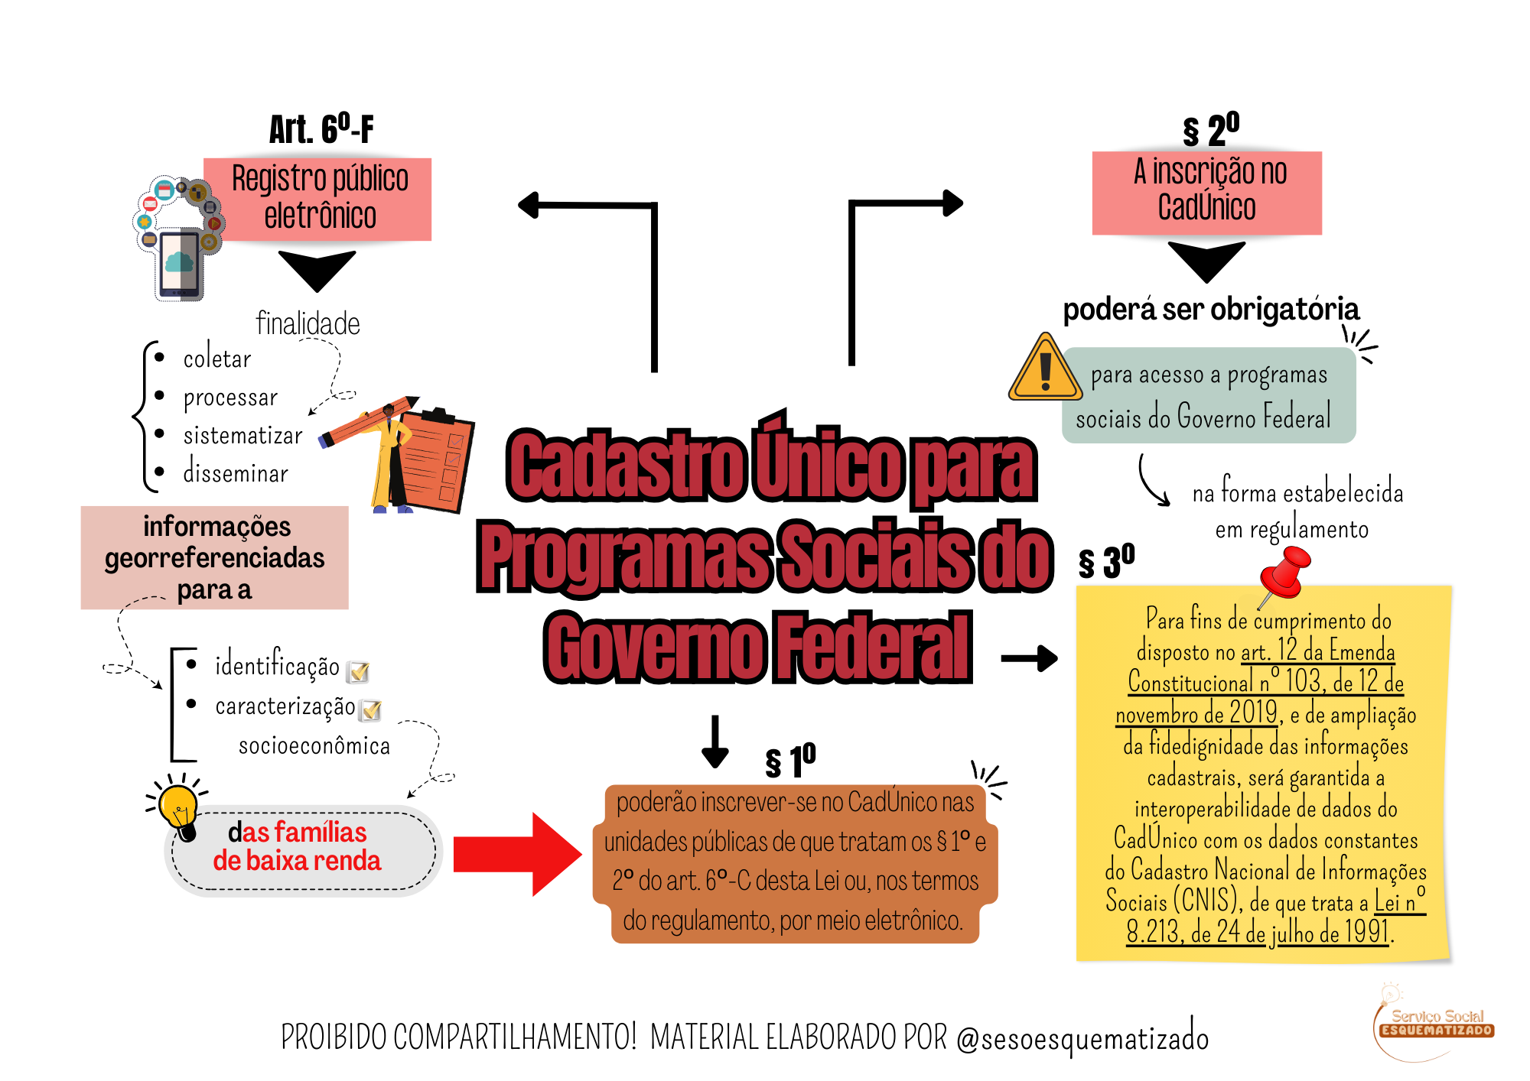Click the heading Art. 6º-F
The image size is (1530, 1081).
click(321, 128)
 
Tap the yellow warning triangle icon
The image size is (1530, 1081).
click(1045, 368)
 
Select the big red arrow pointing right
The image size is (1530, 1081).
click(517, 854)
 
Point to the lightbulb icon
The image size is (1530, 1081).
click(179, 807)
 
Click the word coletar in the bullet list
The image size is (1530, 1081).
click(217, 359)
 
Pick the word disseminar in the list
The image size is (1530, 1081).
click(236, 473)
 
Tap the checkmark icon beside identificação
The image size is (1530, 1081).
click(358, 671)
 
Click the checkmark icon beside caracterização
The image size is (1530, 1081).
click(372, 710)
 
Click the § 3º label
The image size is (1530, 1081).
click(1106, 562)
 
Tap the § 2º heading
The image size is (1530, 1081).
click(1211, 129)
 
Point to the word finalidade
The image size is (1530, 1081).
click(308, 323)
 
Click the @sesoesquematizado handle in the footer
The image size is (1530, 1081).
click(1082, 1037)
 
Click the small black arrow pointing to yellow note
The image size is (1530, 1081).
click(1030, 658)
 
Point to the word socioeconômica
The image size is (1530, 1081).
click(314, 745)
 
